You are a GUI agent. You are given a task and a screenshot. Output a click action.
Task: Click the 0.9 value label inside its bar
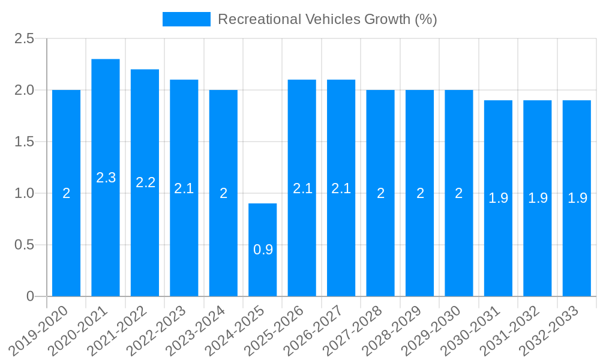tap(263, 250)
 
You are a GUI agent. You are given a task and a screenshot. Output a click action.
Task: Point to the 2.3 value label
tap(106, 178)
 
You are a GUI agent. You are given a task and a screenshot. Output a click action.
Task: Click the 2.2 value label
tap(145, 182)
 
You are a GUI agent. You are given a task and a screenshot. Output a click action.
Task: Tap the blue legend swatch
tap(186, 19)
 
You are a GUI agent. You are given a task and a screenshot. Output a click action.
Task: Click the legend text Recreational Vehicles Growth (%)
tap(327, 19)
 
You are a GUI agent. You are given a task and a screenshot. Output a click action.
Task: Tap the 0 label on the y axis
tap(31, 296)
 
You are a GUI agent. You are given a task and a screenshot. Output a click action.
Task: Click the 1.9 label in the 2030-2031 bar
tap(498, 198)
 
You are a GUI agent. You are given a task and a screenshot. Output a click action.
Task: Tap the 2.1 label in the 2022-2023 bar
tap(184, 188)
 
